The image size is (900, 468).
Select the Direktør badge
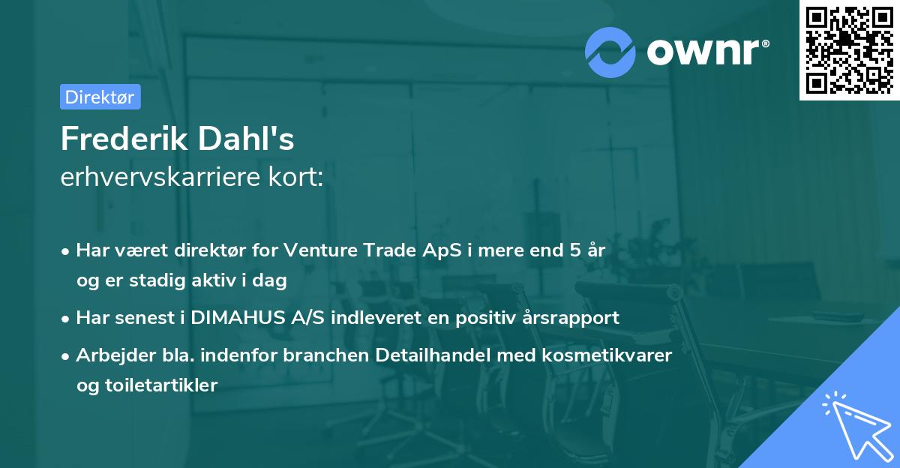(x=100, y=97)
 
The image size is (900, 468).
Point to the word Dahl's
(x=256, y=139)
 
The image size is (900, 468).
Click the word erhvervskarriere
(x=163, y=178)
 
